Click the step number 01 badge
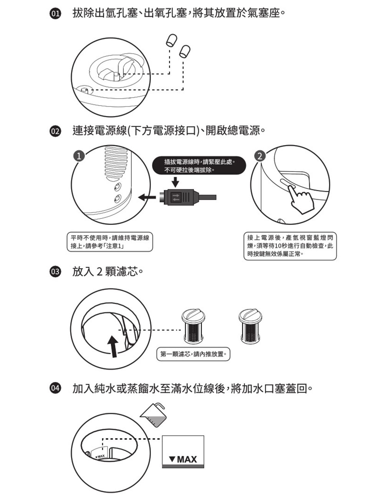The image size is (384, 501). (x=56, y=15)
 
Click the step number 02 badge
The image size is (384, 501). (x=56, y=131)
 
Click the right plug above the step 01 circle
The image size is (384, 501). (x=185, y=51)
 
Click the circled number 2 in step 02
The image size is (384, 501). (x=260, y=156)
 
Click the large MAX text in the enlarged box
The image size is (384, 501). (x=183, y=459)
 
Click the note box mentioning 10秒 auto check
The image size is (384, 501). (x=290, y=246)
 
